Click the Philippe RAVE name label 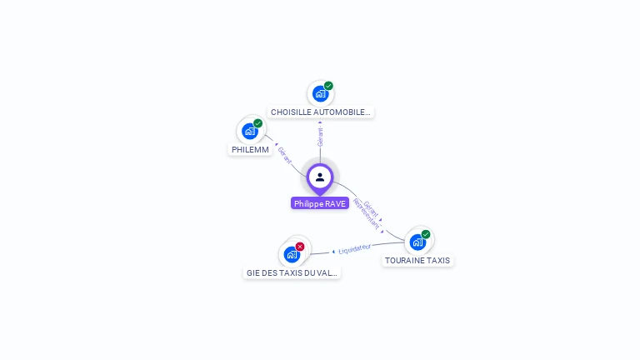tap(320, 203)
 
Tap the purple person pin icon tap(320, 177)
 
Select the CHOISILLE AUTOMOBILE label tap(321, 112)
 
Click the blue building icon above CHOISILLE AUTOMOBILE tap(320, 94)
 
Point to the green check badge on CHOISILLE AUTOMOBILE tap(328, 86)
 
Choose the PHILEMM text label tap(250, 149)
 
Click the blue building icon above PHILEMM tap(249, 131)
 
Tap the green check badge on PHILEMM tap(258, 123)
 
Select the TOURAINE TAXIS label tap(417, 260)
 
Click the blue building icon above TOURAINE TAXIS tap(417, 242)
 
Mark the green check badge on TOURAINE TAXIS tap(426, 234)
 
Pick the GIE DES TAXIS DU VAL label tap(292, 272)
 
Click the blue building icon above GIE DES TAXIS tap(292, 254)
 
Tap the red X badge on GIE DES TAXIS tap(300, 247)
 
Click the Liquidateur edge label tap(355, 249)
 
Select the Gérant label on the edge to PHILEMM tap(285, 155)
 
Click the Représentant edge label tap(366, 214)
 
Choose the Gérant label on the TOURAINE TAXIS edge tap(372, 209)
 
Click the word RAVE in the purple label tap(335, 203)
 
